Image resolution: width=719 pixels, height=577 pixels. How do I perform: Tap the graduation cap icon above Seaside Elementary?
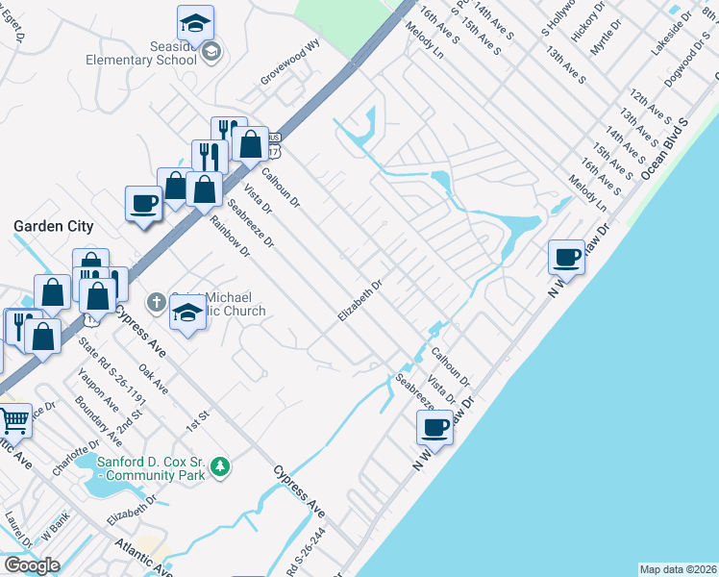pyautogui.click(x=196, y=21)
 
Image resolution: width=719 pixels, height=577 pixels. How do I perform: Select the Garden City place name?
pyautogui.click(x=53, y=226)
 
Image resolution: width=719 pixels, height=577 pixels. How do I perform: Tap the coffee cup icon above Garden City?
pyautogui.click(x=144, y=203)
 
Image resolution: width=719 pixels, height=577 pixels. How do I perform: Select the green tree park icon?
pyautogui.click(x=221, y=466)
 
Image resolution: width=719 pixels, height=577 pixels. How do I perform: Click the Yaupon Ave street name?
pyautogui.click(x=98, y=389)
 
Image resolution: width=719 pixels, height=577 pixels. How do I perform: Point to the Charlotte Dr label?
pyautogui.click(x=76, y=458)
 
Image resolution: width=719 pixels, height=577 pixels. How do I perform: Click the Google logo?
pyautogui.click(x=32, y=565)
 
